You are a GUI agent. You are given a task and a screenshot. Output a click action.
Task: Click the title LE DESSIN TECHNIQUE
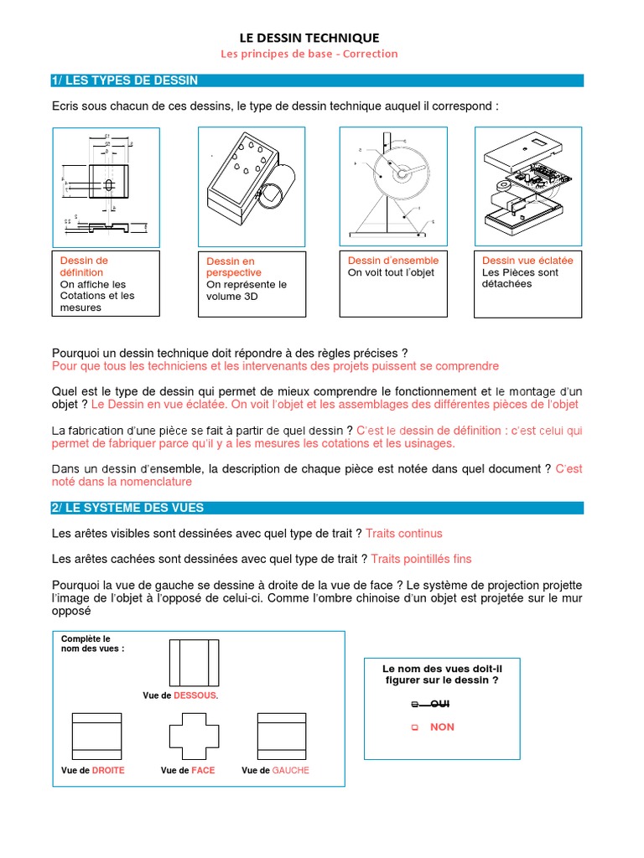tap(309, 38)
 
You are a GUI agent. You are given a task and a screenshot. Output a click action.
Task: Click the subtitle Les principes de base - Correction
tap(309, 54)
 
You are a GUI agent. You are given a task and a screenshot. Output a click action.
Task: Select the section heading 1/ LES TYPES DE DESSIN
tap(126, 80)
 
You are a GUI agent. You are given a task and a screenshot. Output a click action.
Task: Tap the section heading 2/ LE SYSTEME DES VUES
tap(127, 508)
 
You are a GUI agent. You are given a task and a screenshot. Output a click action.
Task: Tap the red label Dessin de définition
tap(84, 266)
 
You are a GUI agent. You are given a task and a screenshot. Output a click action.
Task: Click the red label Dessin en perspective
tap(234, 267)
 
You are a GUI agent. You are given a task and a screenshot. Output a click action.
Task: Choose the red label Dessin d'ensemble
tap(393, 261)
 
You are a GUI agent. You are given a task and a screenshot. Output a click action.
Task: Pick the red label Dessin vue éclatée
tap(527, 261)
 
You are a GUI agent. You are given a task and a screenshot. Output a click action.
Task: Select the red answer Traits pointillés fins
tap(421, 559)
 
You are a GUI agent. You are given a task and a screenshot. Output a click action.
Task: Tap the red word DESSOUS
tap(195, 696)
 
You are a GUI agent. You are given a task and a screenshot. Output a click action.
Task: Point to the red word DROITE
tap(108, 770)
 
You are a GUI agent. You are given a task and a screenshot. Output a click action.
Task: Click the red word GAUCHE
tap(290, 770)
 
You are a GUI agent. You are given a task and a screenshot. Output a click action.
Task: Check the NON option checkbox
tap(414, 728)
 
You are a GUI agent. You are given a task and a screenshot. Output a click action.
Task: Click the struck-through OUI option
tap(434, 705)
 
